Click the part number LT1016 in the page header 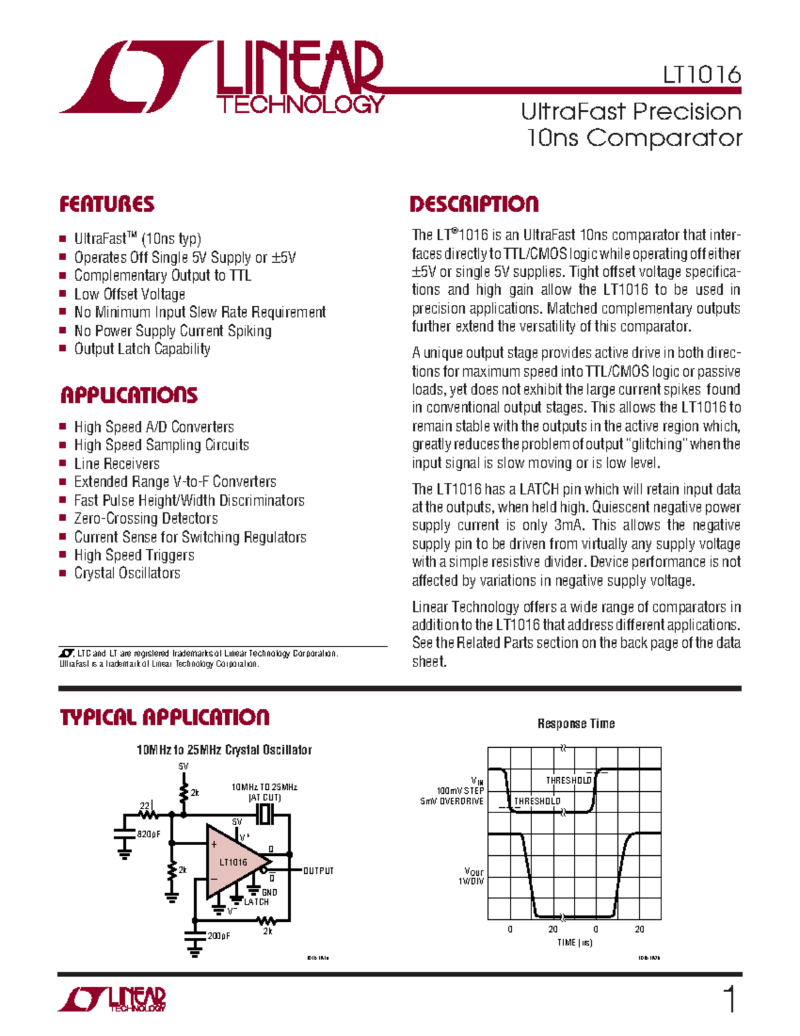pyautogui.click(x=701, y=75)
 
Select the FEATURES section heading pyautogui.click(x=107, y=204)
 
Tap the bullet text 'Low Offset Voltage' pyautogui.click(x=129, y=294)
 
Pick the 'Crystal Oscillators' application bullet pyautogui.click(x=127, y=573)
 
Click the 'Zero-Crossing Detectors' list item pyautogui.click(x=145, y=518)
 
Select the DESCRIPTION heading pyautogui.click(x=474, y=204)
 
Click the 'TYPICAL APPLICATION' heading pyautogui.click(x=165, y=718)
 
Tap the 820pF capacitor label pyautogui.click(x=149, y=834)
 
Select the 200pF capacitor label pyautogui.click(x=219, y=936)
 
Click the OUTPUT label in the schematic pyautogui.click(x=318, y=871)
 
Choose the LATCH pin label pyautogui.click(x=256, y=902)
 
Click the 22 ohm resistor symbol pyautogui.click(x=148, y=814)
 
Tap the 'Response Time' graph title pyautogui.click(x=576, y=724)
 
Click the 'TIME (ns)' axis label pyautogui.click(x=575, y=943)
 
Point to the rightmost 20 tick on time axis pyautogui.click(x=639, y=929)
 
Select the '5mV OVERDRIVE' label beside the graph pyautogui.click(x=451, y=801)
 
